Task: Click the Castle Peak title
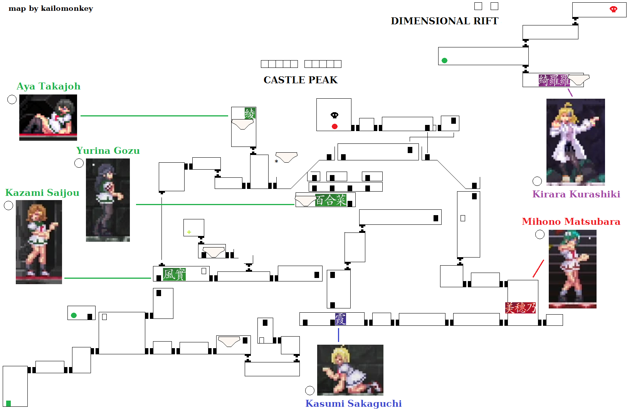(300, 80)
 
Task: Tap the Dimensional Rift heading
(444, 21)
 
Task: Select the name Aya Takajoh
(49, 86)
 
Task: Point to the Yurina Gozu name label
(108, 151)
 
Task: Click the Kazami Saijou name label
(42, 193)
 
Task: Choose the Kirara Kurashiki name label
(576, 194)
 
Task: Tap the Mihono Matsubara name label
(571, 222)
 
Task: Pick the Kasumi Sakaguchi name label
(353, 404)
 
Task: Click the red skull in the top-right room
(613, 9)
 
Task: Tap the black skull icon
(334, 115)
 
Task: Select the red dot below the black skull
(334, 126)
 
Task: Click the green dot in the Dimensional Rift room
(444, 61)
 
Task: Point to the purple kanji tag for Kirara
(554, 80)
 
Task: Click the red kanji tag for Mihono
(520, 308)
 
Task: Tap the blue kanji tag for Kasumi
(340, 319)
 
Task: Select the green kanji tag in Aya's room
(250, 113)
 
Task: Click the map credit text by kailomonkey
(51, 8)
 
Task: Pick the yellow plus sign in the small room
(189, 232)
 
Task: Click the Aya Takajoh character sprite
(48, 117)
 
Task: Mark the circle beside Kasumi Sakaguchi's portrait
(310, 391)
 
